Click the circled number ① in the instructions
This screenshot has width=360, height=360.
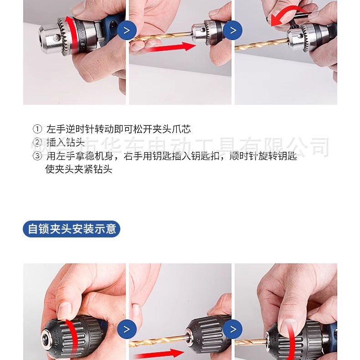click(37, 129)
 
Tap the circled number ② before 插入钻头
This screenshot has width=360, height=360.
click(37, 143)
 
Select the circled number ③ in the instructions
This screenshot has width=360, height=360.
click(37, 156)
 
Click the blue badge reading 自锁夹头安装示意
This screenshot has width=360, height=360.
click(71, 228)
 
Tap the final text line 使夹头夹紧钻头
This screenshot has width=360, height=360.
click(79, 170)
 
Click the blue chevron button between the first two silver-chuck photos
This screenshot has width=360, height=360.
click(127, 31)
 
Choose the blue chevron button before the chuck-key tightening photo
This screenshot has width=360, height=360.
click(233, 31)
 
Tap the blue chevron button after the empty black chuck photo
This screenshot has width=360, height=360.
click(127, 329)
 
